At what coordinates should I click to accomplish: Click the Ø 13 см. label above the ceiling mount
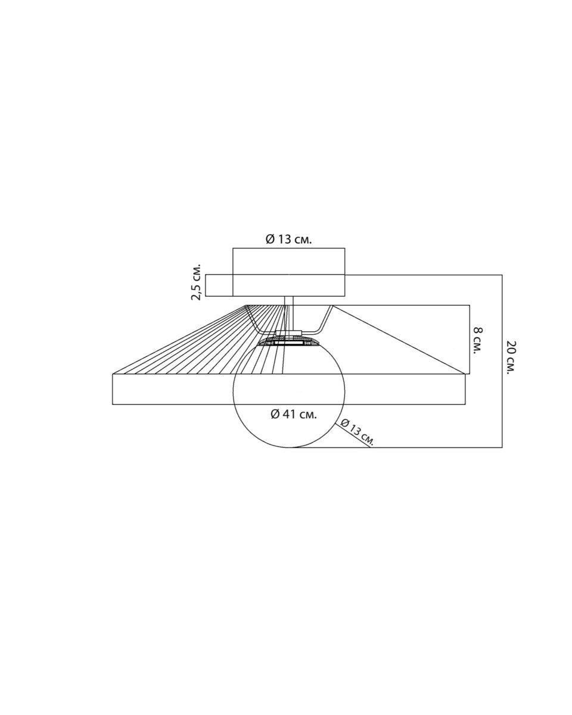click(x=288, y=239)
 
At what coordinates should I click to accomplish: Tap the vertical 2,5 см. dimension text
click(x=196, y=282)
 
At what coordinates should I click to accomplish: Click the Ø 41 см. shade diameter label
click(x=294, y=414)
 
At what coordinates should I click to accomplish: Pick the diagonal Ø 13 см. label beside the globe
click(x=357, y=431)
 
